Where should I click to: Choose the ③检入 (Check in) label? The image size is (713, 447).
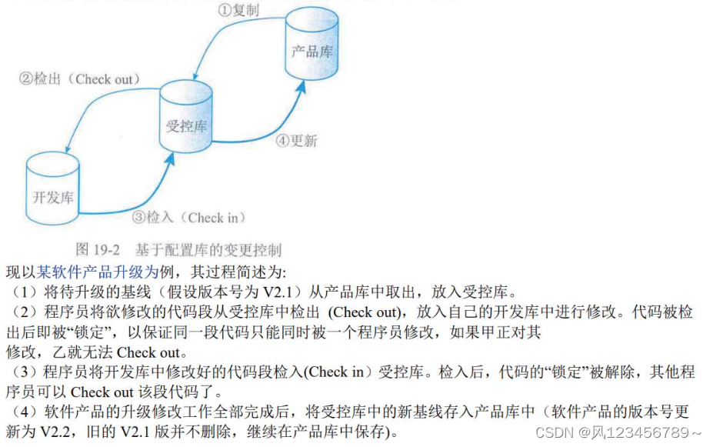coord(188,218)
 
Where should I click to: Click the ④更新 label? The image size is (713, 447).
coord(297,141)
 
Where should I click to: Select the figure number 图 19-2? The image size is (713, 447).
coord(99,249)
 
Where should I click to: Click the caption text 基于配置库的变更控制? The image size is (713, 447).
coord(208,249)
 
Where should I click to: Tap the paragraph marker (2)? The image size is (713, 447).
coord(16,312)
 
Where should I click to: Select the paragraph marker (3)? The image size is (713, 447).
coord(16,372)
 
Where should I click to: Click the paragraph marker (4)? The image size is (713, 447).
coord(16,412)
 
